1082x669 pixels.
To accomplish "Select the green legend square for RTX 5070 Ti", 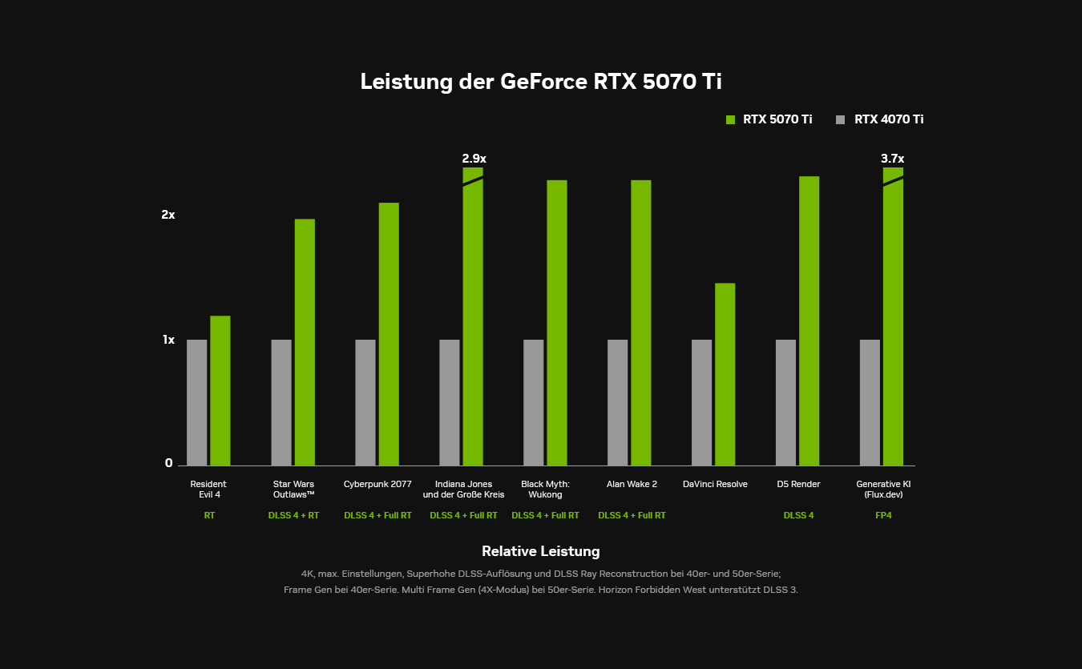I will click(730, 119).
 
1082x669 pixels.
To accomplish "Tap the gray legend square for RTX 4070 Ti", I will click(841, 119).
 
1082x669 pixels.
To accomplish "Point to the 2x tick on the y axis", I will click(168, 215).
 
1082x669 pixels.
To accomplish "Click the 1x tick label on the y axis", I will click(168, 340).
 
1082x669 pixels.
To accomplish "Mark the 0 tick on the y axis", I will click(169, 463).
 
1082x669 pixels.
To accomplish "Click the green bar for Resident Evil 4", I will click(220, 390).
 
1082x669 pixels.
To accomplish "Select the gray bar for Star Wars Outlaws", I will click(281, 402).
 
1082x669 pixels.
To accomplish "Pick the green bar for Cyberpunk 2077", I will click(389, 333).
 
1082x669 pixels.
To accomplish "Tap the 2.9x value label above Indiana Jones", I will click(474, 159).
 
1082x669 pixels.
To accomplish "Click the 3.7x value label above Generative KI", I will click(892, 159).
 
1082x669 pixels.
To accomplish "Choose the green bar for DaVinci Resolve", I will click(725, 373).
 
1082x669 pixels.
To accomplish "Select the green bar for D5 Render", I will click(809, 320).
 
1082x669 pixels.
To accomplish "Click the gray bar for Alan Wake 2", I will click(617, 402).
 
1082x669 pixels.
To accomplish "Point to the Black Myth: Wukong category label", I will click(545, 489).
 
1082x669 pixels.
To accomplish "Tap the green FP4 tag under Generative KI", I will click(883, 515).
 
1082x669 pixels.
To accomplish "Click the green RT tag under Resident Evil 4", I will click(209, 515).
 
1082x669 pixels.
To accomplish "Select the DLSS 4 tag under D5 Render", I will click(798, 515).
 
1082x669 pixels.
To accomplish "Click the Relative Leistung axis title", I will click(540, 551).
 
